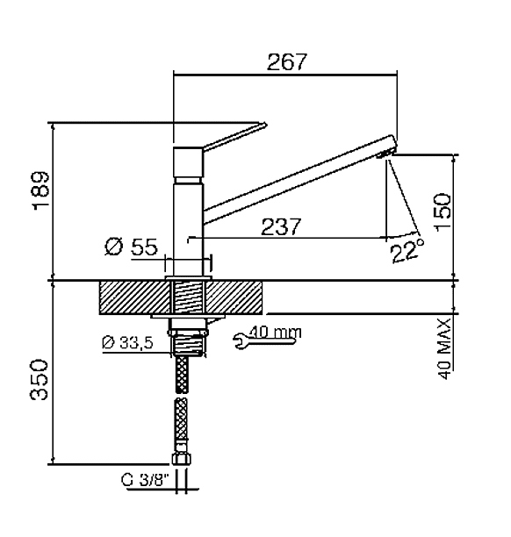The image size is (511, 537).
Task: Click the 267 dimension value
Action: pos(286,61)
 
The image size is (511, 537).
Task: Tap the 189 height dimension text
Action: pos(41,190)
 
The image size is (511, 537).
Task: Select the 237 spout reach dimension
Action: pos(281,226)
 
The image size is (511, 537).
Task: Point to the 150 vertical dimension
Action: pos(443,212)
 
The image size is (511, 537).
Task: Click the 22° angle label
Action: pos(407,251)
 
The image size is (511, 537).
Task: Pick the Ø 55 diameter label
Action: pos(132,247)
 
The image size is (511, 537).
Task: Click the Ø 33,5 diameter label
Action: pos(128,342)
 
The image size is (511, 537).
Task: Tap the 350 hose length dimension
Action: pos(39,379)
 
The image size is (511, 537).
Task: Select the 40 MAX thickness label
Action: pos(444,348)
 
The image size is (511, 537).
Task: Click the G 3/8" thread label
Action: pos(146,480)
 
